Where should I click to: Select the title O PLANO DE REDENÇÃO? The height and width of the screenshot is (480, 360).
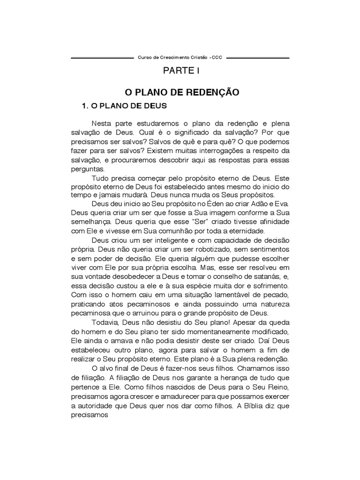pos(180,92)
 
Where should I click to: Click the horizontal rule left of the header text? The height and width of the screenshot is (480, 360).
pos(102,58)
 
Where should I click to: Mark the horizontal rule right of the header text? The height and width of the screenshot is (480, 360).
pos(258,58)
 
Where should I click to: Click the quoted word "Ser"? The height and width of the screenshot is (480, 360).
pos(176,222)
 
